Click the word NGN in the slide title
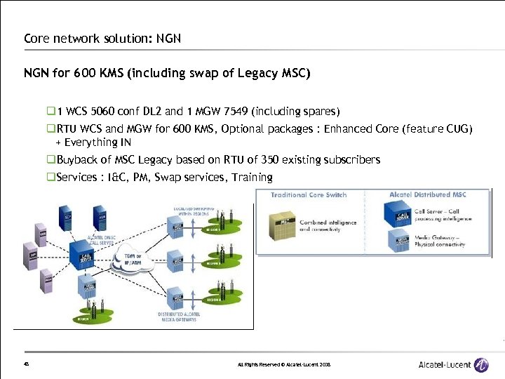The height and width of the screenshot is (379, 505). point(168,38)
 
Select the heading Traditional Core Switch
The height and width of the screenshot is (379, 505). point(309,194)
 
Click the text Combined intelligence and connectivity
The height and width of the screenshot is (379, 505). point(328,226)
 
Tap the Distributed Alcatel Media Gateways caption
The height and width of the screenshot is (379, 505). point(179,317)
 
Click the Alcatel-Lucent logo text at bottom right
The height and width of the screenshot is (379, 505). point(444,365)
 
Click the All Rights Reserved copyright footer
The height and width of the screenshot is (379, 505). point(284,365)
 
